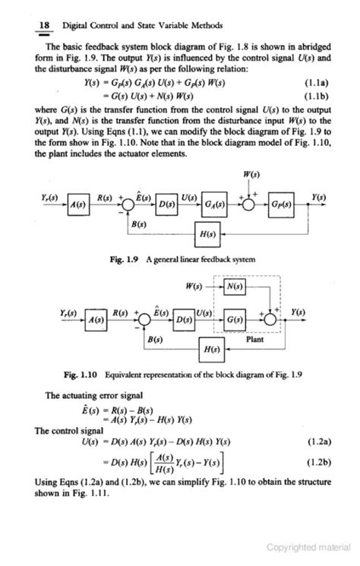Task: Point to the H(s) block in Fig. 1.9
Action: pyautogui.click(x=205, y=234)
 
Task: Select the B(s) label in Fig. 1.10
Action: pyautogui.click(x=156, y=337)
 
